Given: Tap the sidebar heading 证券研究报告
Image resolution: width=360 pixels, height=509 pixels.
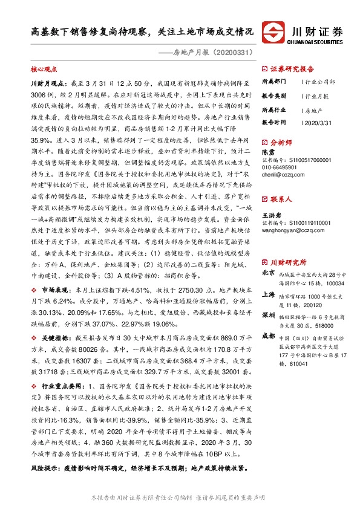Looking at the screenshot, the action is pyautogui.click(x=292, y=69).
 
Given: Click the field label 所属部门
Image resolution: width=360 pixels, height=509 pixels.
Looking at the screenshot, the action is pyautogui.click(x=273, y=82).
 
